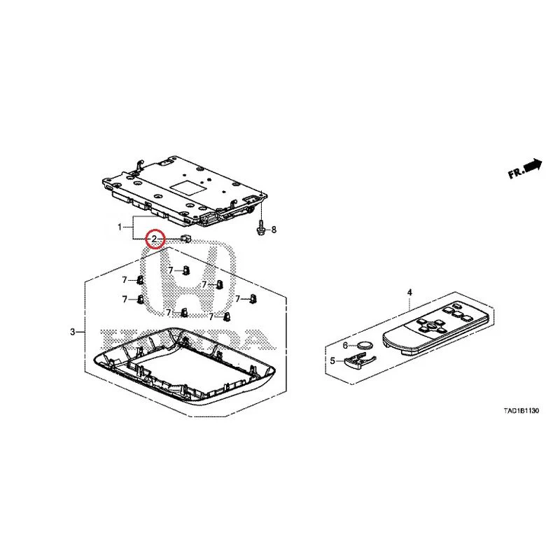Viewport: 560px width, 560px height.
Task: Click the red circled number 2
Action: pyautogui.click(x=154, y=239)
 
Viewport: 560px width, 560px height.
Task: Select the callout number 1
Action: pyautogui.click(x=120, y=227)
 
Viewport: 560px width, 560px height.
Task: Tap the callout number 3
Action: pyautogui.click(x=73, y=332)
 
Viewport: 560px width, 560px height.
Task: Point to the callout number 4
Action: pyautogui.click(x=409, y=293)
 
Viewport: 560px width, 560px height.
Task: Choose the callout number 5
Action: pyautogui.click(x=332, y=360)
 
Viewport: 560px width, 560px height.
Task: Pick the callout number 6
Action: pyautogui.click(x=345, y=345)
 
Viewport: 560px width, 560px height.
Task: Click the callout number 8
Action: pyautogui.click(x=274, y=230)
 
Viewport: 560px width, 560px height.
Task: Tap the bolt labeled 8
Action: pyautogui.click(x=262, y=227)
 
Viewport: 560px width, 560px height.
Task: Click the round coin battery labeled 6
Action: pyautogui.click(x=365, y=345)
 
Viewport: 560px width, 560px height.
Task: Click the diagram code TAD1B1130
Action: pyautogui.click(x=521, y=411)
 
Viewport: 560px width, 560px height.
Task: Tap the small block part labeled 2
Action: pyautogui.click(x=186, y=237)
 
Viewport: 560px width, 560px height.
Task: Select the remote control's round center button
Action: pyautogui.click(x=431, y=325)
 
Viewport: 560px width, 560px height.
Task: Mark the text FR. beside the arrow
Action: pyautogui.click(x=516, y=173)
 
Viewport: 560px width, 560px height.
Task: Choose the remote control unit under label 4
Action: pyautogui.click(x=435, y=327)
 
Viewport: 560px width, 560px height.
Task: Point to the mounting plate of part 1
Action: pyautogui.click(x=185, y=191)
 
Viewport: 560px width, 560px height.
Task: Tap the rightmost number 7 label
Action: pyautogui.click(x=238, y=299)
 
